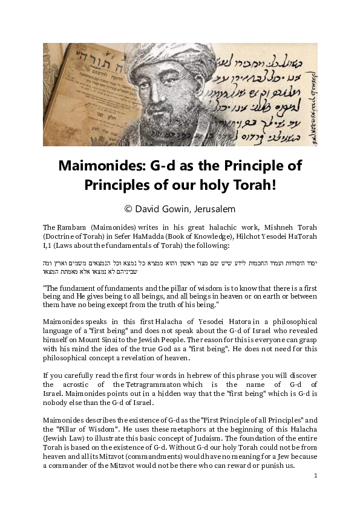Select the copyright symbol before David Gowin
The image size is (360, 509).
pos(128,208)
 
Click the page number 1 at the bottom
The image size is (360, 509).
pos(315,476)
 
